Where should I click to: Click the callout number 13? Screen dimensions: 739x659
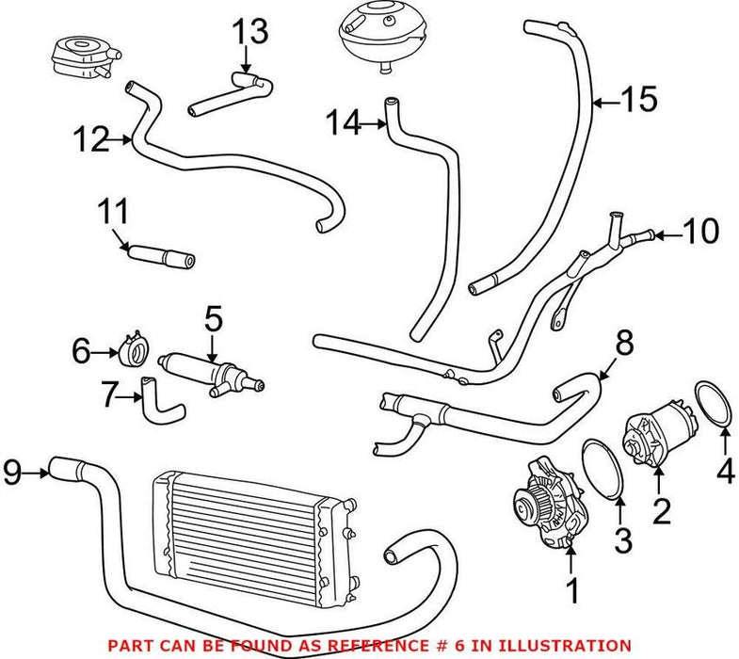(251, 32)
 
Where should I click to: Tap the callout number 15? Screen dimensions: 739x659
(639, 100)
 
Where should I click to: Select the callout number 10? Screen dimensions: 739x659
(700, 231)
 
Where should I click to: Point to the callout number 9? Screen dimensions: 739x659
(13, 473)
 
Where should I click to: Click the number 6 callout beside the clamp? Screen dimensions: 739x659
(81, 351)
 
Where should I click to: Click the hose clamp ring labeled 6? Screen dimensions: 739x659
(136, 350)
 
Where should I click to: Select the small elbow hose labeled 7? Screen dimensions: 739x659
(161, 402)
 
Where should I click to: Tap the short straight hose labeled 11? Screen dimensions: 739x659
(160, 257)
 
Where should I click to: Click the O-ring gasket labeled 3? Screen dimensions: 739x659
(604, 468)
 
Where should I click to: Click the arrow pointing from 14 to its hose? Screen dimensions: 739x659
(374, 124)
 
